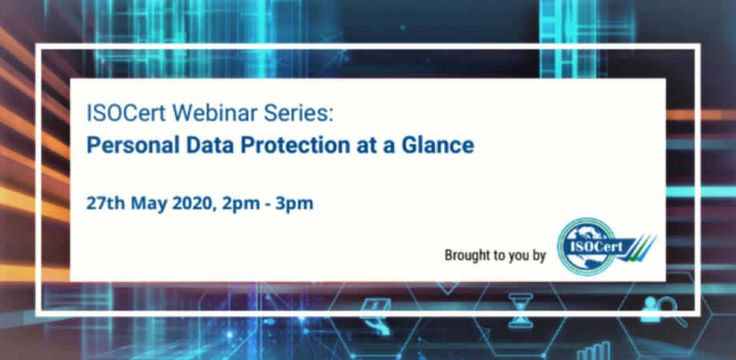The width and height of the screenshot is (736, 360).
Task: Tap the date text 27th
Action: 106,203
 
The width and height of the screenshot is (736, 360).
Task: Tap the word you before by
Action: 514,258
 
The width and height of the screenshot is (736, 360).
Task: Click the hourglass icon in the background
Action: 521,310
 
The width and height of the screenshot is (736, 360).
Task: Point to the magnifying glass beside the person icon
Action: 672,313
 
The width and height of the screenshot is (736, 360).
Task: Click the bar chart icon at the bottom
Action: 594,351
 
